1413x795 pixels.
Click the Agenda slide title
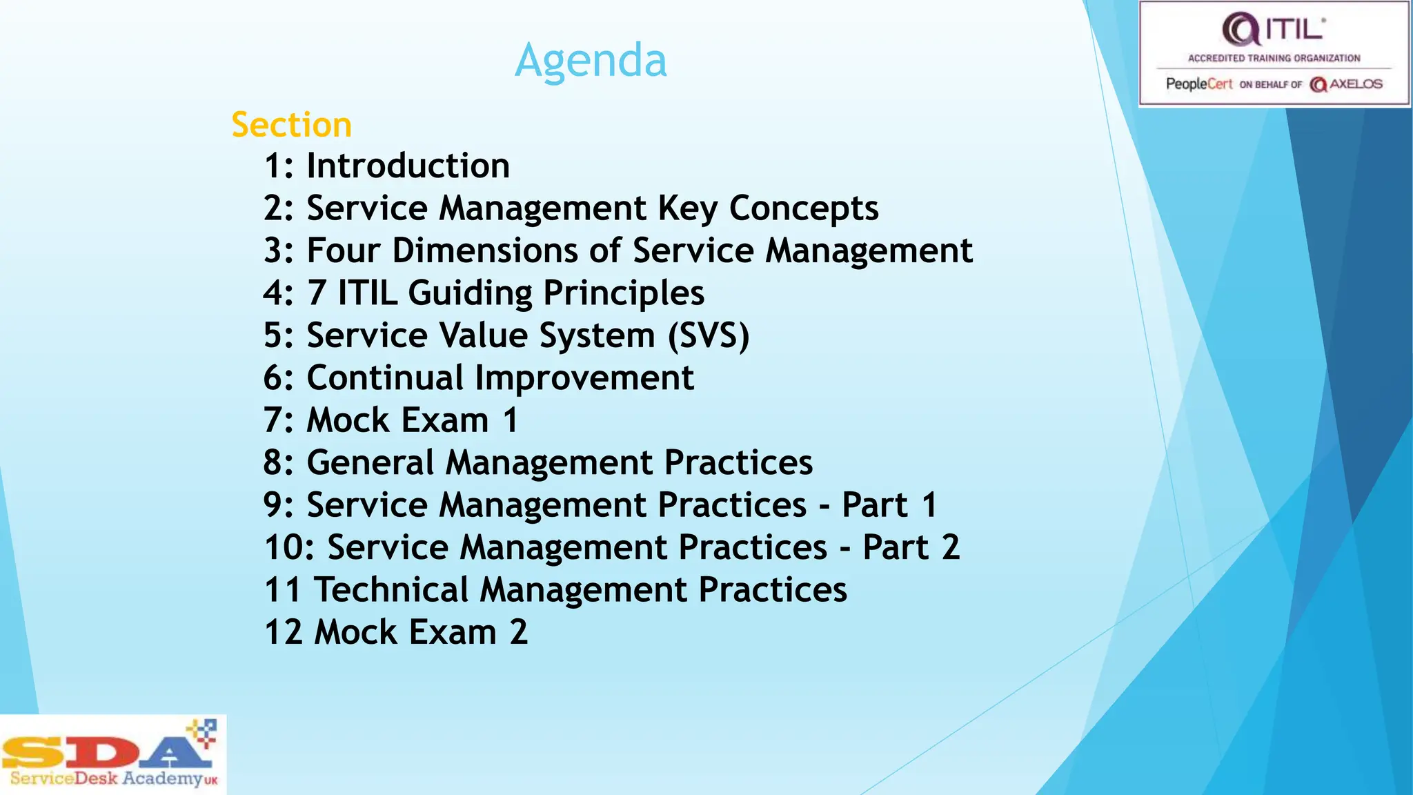591,61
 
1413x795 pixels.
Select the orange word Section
291,126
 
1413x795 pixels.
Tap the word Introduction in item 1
408,166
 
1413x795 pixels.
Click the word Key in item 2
688,209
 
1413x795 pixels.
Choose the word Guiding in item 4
470,293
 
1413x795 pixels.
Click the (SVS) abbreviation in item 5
708,336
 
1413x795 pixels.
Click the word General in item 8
370,462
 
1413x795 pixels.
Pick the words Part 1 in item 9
889,505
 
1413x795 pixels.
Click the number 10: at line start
289,548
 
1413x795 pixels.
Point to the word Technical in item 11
391,590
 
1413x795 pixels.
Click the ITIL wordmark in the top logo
1294,30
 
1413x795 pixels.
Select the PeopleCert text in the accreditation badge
1198,84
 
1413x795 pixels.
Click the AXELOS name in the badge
1355,84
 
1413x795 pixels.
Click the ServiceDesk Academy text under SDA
106,779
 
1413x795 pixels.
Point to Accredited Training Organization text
1274,59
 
